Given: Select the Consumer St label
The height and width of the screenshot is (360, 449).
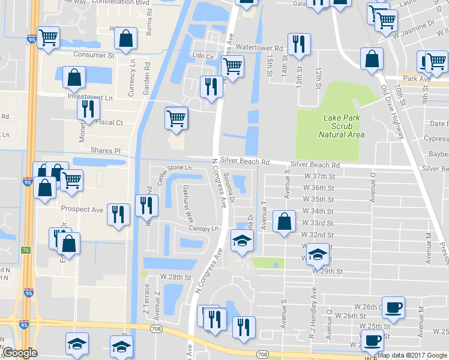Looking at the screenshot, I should tap(94, 55).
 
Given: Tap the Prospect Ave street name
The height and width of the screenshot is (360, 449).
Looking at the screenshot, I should tap(82, 209).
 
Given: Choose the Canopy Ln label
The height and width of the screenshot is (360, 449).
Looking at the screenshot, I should tap(204, 229).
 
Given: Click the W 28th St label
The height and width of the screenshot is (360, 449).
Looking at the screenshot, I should tap(175, 278).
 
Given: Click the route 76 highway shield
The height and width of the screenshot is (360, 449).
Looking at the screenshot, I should tap(26, 250).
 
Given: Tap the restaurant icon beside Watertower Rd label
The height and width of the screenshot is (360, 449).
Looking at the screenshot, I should tap(298, 44).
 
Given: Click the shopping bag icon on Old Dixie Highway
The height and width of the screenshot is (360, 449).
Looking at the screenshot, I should tap(372, 59).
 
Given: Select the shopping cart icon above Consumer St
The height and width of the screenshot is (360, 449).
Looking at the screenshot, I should tap(48, 38).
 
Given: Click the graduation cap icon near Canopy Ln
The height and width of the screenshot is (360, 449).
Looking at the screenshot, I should tap(242, 240).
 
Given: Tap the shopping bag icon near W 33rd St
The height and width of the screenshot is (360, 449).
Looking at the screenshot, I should tap(284, 221).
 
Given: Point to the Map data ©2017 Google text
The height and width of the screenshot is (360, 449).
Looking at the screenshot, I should tap(412, 355).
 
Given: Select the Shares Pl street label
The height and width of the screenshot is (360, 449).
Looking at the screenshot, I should tap(105, 151).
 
